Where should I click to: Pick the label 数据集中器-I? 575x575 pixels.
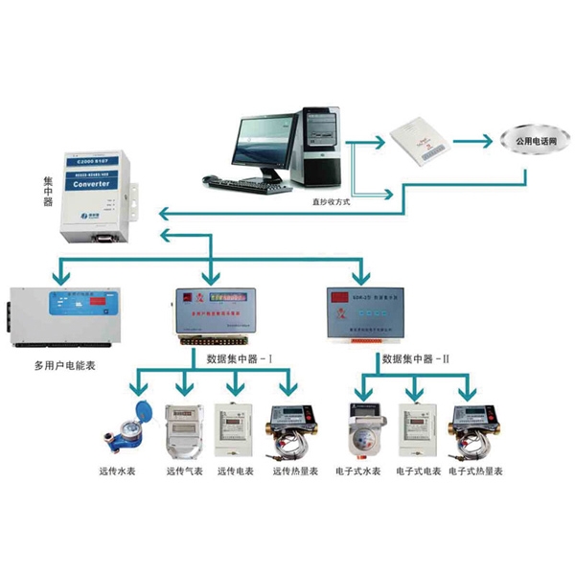pyautogui.click(x=240, y=358)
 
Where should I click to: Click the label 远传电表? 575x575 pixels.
pyautogui.click(x=235, y=471)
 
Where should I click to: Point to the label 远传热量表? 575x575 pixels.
pyautogui.click(x=293, y=471)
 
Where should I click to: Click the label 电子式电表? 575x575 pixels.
pyautogui.click(x=418, y=471)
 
